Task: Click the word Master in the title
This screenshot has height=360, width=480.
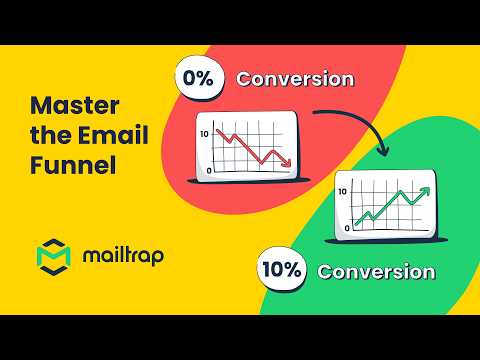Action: click(71, 104)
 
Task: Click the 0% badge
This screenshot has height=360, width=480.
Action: click(198, 79)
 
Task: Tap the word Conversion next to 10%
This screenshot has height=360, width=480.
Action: click(376, 271)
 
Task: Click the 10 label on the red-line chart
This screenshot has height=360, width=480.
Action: click(204, 133)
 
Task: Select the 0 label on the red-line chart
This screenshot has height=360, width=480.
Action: click(208, 171)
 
